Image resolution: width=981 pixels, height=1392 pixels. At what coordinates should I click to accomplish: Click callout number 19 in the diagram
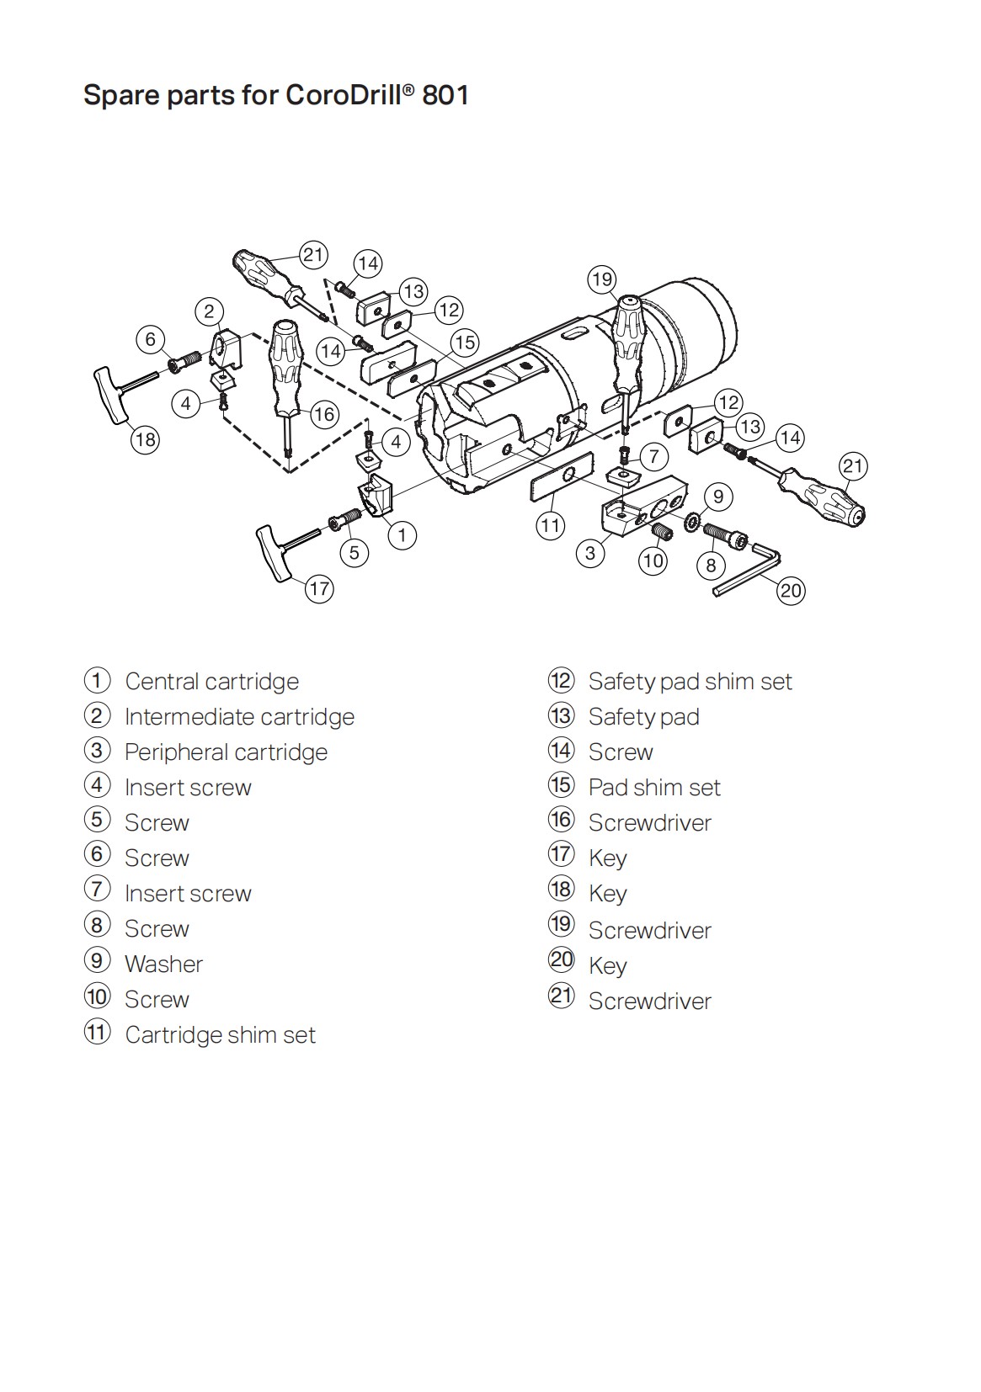click(601, 279)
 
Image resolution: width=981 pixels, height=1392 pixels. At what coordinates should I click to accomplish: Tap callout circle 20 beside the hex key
click(791, 591)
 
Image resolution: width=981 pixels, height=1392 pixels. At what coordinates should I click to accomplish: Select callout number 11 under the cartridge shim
click(550, 527)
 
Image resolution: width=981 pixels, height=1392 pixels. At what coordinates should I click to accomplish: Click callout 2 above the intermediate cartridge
click(210, 311)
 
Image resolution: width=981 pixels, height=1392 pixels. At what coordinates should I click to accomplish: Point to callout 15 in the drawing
click(465, 343)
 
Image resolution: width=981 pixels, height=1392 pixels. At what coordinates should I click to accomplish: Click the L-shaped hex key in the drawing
click(749, 569)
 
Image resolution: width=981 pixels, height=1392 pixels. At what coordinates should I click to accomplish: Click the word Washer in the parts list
click(163, 964)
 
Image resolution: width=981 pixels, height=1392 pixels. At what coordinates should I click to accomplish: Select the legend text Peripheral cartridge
click(226, 752)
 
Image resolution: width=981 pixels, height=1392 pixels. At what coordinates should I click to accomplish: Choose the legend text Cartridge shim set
click(220, 1035)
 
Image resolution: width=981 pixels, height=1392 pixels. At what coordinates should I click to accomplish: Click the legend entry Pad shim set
click(654, 788)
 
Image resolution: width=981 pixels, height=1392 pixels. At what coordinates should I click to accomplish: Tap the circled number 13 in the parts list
click(561, 716)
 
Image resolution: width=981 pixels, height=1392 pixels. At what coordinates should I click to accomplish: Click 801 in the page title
click(445, 95)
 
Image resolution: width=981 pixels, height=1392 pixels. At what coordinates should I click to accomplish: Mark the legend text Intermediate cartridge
click(239, 717)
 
